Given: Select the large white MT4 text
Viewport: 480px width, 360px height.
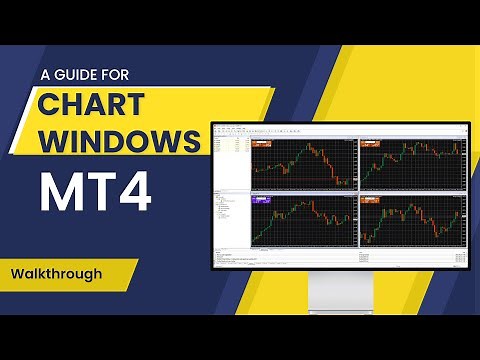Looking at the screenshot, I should tap(96, 192).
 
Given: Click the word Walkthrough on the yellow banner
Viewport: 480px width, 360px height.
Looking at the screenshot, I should tap(59, 271).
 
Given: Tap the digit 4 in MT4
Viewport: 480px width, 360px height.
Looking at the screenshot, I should tap(133, 192).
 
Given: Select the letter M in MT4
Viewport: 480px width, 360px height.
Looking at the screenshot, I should tap(60, 192).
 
